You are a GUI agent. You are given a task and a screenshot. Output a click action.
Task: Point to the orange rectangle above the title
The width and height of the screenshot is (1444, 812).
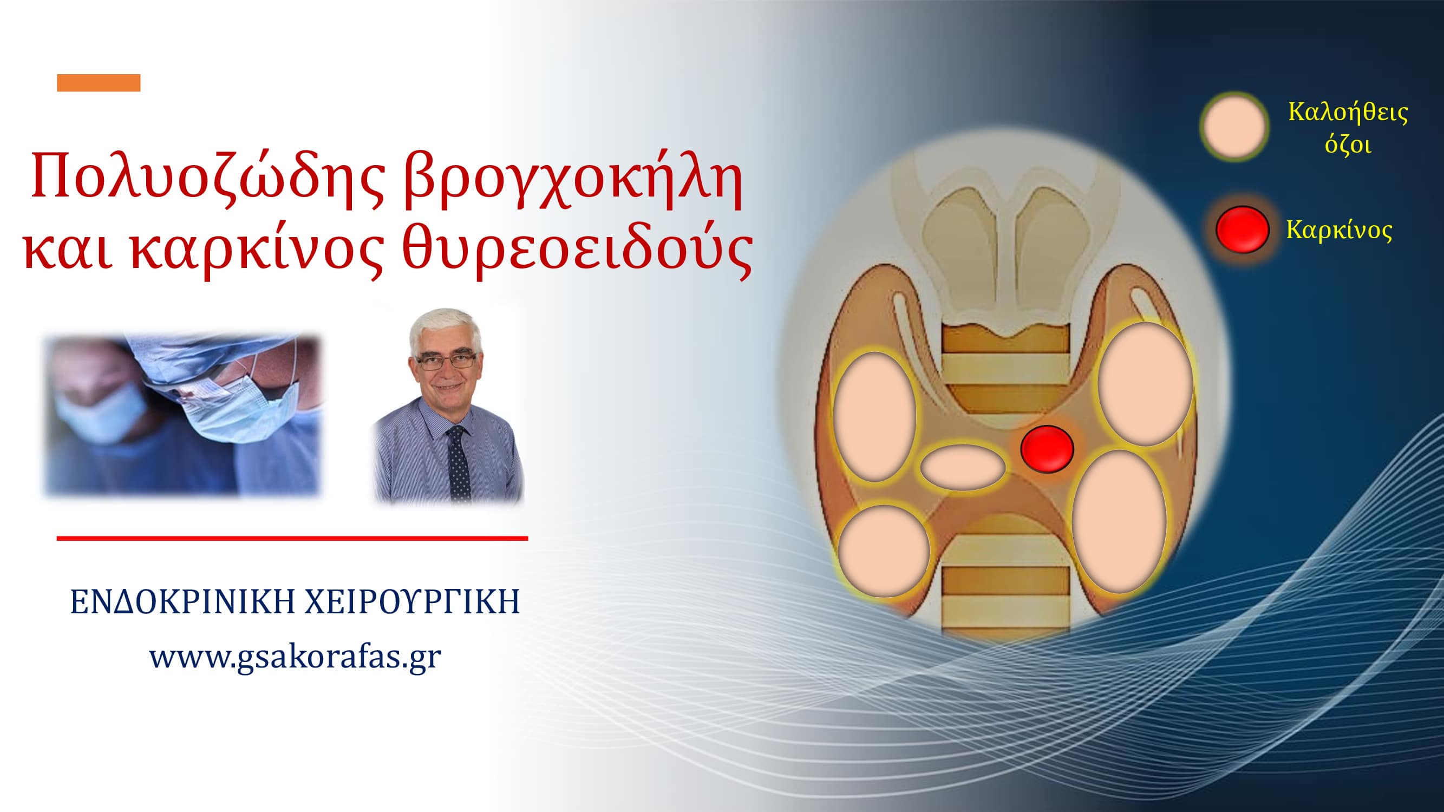99,82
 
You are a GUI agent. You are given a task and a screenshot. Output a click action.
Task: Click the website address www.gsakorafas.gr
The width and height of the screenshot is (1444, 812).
295,656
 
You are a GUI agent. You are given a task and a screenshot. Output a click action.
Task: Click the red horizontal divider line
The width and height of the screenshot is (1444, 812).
292,539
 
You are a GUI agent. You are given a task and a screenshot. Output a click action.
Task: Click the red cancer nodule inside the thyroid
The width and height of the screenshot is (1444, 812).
1047,449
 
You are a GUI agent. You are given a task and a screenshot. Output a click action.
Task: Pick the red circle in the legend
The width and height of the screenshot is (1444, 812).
1242,230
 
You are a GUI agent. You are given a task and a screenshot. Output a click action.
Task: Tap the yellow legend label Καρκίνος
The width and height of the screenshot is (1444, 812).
1338,230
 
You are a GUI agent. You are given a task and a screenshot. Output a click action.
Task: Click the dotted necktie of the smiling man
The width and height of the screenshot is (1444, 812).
459,463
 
